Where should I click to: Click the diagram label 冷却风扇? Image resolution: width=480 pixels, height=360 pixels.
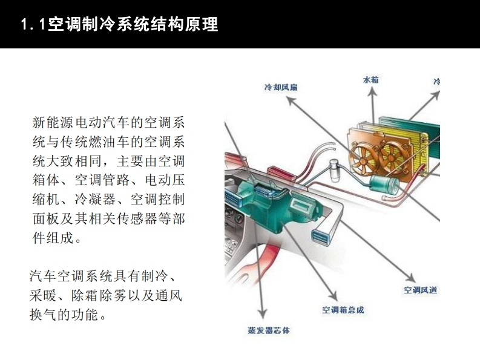[281, 87]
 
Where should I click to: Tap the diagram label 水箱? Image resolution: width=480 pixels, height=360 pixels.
[370, 80]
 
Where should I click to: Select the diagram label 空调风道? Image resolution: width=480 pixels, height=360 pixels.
[420, 290]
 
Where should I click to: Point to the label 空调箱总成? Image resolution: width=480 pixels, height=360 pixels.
[343, 310]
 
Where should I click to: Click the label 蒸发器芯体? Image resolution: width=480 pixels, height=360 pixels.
[269, 330]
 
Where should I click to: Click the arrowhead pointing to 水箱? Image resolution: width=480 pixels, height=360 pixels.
[372, 91]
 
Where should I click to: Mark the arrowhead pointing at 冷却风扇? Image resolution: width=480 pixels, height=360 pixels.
[291, 100]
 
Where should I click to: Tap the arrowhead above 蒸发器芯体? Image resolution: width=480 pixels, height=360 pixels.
[262, 314]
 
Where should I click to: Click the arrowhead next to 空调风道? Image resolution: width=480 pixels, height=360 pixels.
[410, 277]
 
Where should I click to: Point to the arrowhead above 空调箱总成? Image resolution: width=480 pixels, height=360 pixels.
[334, 296]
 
